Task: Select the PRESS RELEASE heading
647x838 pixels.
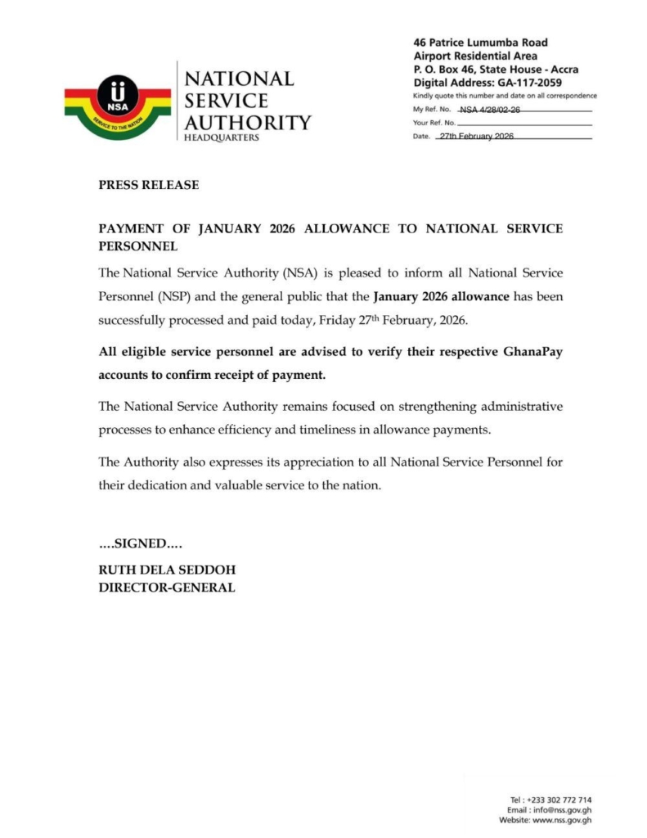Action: (148, 185)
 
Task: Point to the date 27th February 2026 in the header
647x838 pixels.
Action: (476, 136)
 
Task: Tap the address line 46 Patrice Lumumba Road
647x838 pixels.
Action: (481, 43)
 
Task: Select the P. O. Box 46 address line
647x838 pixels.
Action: (496, 70)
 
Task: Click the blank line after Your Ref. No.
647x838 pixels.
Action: (523, 123)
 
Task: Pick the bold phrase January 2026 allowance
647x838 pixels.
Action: (442, 295)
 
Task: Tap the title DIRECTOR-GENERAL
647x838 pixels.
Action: (167, 587)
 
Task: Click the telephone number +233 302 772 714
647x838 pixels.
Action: (559, 800)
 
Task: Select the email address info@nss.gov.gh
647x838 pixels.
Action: (564, 809)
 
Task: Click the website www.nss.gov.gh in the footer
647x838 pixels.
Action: (560, 820)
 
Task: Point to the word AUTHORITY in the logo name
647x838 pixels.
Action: (248, 123)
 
